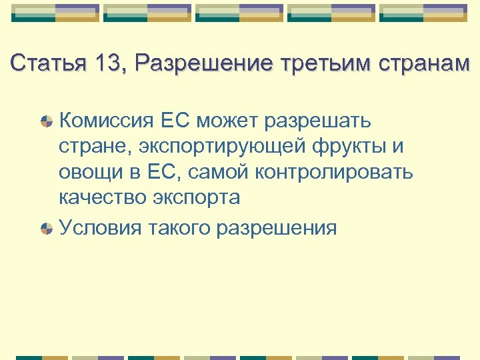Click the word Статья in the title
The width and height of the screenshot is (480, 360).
[47, 63]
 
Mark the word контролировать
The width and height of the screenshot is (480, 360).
[334, 172]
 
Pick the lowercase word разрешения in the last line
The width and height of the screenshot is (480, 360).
[277, 227]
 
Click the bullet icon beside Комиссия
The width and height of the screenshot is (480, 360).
[46, 122]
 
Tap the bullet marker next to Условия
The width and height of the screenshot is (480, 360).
[46, 228]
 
